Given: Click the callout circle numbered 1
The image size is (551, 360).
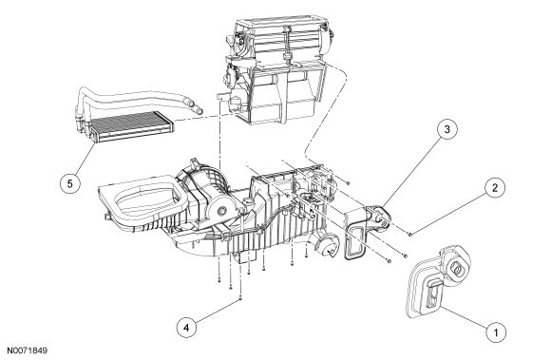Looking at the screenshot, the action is click(x=496, y=332).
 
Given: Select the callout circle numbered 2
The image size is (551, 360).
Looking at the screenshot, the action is click(x=495, y=188).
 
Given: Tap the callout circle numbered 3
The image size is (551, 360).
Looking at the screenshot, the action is click(x=447, y=129).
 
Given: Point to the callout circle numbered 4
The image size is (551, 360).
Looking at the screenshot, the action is click(x=186, y=328).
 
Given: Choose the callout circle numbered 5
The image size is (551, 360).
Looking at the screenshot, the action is click(x=70, y=183).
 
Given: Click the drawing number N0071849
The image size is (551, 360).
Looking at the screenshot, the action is click(x=28, y=351).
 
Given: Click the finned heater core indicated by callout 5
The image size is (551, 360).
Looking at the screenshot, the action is click(x=129, y=125).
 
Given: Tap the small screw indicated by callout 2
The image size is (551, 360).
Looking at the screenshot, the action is click(x=409, y=234).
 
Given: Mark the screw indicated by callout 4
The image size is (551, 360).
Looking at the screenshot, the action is click(x=240, y=298).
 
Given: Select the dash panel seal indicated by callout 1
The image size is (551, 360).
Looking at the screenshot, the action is click(x=438, y=281).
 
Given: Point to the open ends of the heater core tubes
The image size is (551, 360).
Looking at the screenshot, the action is click(x=195, y=106).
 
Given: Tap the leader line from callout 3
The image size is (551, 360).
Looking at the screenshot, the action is click(x=412, y=170).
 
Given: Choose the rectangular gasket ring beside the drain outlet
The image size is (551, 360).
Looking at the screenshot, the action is click(x=353, y=242).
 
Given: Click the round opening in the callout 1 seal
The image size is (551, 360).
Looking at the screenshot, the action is click(x=458, y=269).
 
